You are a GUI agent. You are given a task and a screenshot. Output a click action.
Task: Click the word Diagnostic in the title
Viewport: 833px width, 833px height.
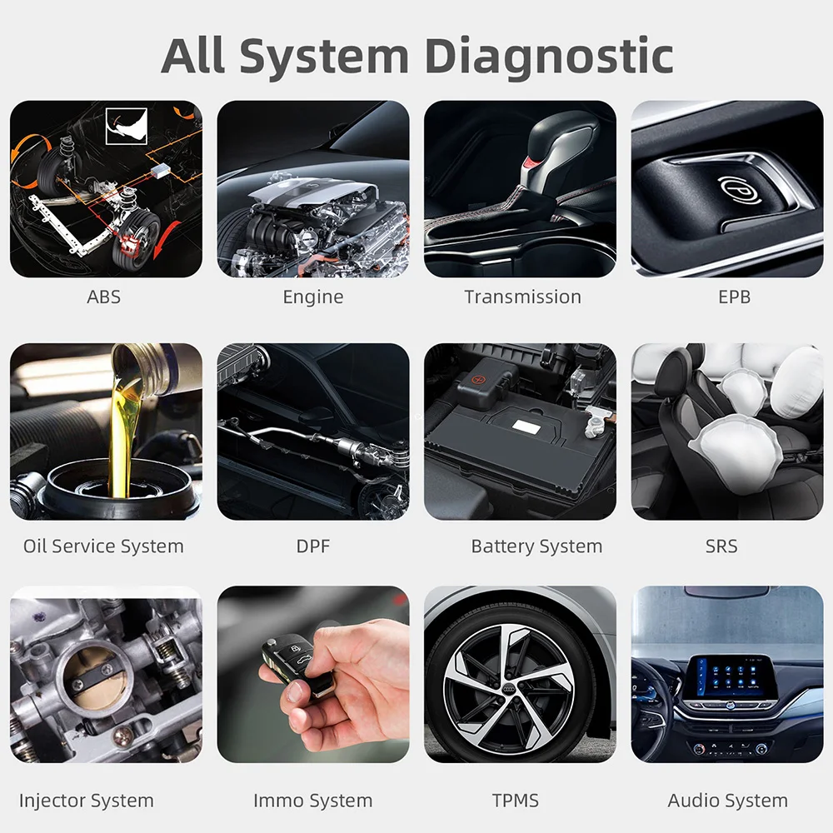click(548, 57)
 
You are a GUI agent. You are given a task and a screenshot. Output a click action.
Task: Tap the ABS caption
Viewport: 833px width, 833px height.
click(104, 297)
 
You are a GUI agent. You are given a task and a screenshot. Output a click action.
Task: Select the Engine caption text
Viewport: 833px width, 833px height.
click(313, 297)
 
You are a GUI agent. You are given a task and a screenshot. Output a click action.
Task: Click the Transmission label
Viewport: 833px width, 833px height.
click(522, 297)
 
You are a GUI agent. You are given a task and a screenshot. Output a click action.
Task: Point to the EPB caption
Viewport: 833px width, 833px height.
click(734, 297)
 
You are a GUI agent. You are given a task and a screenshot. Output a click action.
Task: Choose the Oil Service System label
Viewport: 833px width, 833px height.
click(103, 546)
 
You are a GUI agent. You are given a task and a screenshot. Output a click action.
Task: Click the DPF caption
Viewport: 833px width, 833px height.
click(313, 546)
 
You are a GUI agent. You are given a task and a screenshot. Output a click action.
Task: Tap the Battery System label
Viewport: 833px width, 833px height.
click(536, 546)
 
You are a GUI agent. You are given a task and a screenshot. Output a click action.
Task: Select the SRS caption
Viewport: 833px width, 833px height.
click(721, 546)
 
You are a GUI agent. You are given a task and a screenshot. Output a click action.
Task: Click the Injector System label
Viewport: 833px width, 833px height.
click(87, 801)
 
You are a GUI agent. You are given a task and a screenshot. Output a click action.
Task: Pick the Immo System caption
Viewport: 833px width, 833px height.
click(313, 801)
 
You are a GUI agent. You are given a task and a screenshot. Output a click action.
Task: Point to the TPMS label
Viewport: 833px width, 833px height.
click(516, 801)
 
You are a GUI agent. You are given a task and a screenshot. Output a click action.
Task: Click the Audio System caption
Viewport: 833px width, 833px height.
click(727, 801)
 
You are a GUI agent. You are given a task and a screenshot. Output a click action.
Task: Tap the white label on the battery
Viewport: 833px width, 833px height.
click(524, 425)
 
